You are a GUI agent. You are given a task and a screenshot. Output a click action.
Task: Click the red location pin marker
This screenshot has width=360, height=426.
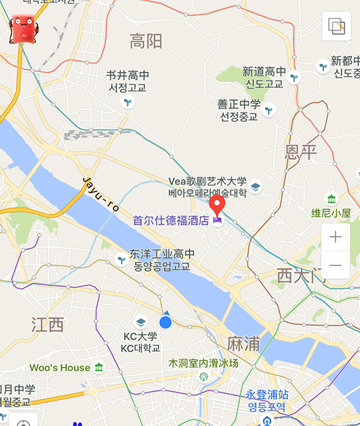coord(217,205)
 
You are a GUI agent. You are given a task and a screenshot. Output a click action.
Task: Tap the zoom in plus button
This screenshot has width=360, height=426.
coord(336,237)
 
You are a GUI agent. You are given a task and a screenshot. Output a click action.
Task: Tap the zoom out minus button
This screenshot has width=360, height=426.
coord(336,265)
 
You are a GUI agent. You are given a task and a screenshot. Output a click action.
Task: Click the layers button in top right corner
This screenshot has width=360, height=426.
coord(336,27)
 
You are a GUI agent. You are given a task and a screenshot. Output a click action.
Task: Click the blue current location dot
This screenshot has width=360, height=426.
coord(165,322)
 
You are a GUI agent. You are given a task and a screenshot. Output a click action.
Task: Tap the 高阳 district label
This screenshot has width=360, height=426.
coord(146,42)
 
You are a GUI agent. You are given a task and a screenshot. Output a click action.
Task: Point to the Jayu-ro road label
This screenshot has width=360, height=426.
coord(101,195)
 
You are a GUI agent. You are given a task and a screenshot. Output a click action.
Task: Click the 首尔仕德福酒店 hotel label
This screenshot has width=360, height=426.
coord(171,221)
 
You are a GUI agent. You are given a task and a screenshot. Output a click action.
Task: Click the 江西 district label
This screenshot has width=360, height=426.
coord(48,324)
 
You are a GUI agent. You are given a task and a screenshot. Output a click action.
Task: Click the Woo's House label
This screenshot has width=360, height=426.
coord(60,367)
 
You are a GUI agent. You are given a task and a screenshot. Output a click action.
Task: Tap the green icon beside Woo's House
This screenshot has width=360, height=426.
coord(99,367)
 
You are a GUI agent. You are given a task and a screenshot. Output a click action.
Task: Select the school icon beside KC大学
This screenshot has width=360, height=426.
coord(141,323)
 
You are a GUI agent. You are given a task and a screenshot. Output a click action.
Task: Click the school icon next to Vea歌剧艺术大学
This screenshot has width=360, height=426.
coord(255,186)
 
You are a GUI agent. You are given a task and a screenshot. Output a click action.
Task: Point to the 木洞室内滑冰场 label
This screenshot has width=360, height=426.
coord(204,363)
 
